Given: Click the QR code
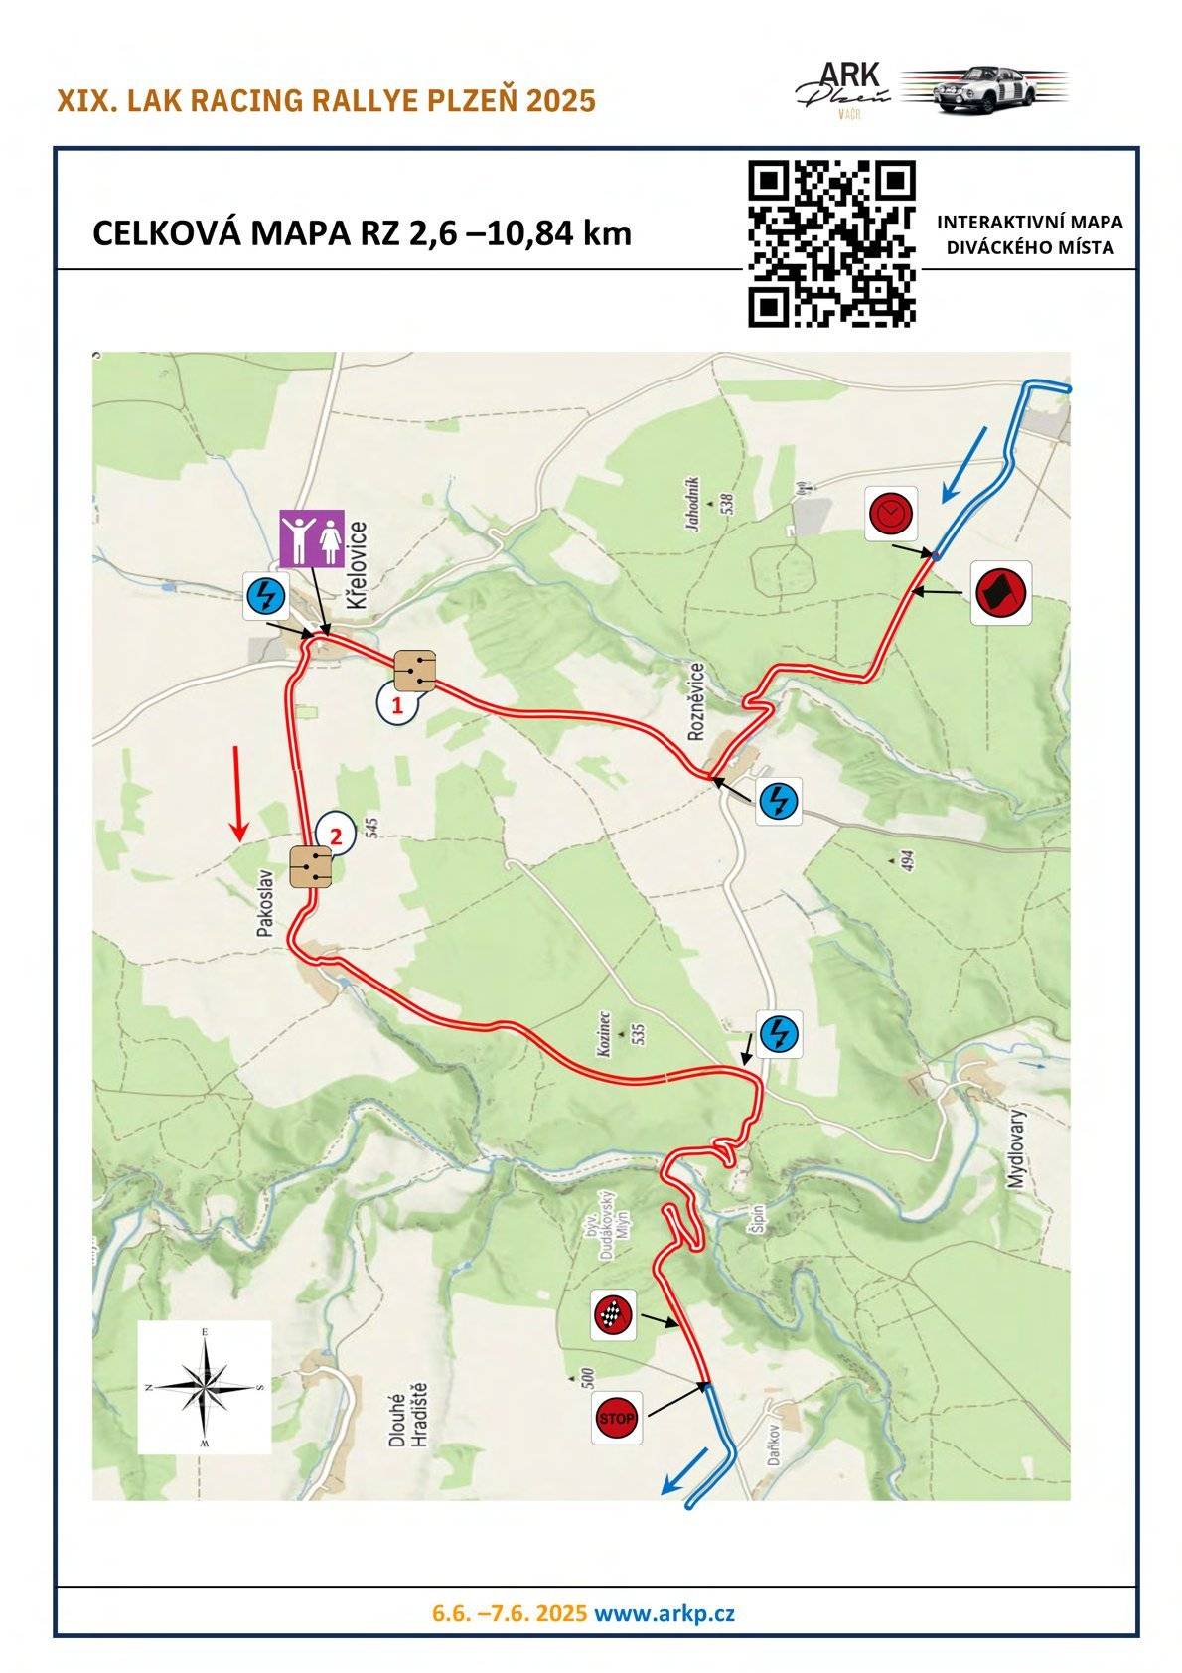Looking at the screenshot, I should tap(830, 243).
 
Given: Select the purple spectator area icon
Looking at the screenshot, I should tap(311, 539).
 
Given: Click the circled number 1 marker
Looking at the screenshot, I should tap(397, 706).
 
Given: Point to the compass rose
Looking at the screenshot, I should tap(204, 1387).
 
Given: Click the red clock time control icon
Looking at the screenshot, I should tap(890, 514).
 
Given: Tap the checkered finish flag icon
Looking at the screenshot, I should tap(614, 1315).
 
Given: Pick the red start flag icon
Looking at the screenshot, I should tap(999, 593).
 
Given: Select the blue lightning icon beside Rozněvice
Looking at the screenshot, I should tap(779, 800).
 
